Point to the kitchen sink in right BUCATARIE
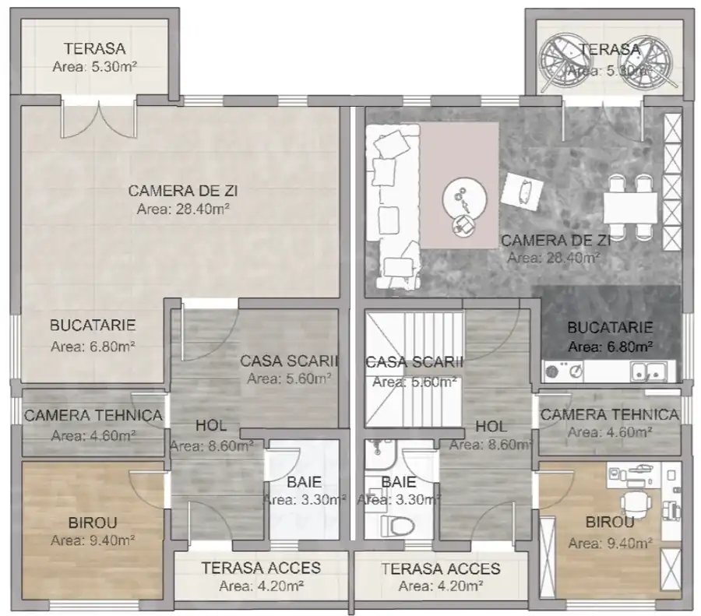[x=648, y=371]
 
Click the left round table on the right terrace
[x=562, y=58]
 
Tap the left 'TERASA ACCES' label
[x=260, y=568]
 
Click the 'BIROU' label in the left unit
[x=93, y=523]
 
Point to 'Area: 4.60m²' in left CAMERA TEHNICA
[x=92, y=435]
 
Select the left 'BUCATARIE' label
[x=93, y=326]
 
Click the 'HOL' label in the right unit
[x=491, y=427]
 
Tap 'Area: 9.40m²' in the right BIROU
[x=610, y=543]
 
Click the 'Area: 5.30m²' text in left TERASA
[x=94, y=68]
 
